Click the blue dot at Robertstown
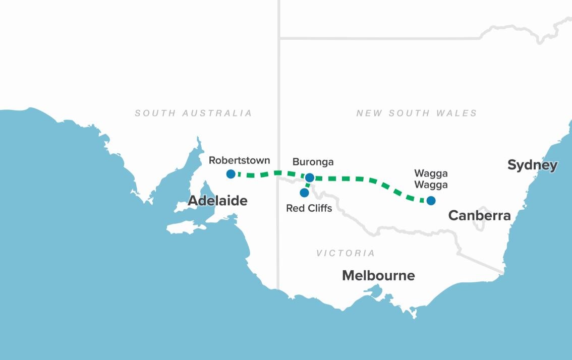tap(231, 174)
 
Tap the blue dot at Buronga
tap(310, 177)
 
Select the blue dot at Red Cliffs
tap(304, 193)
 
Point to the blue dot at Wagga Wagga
tap(431, 200)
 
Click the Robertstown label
tap(239, 161)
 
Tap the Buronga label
tap(313, 162)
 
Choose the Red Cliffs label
tap(309, 208)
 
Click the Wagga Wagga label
tap(431, 179)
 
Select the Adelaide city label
tap(217, 201)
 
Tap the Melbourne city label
tap(378, 276)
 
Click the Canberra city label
tap(479, 216)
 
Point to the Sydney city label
tap(532, 165)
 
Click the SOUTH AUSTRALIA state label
tap(193, 113)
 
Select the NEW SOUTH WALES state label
tap(416, 113)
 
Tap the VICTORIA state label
tap(346, 253)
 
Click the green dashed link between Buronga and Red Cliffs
tap(307, 186)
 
